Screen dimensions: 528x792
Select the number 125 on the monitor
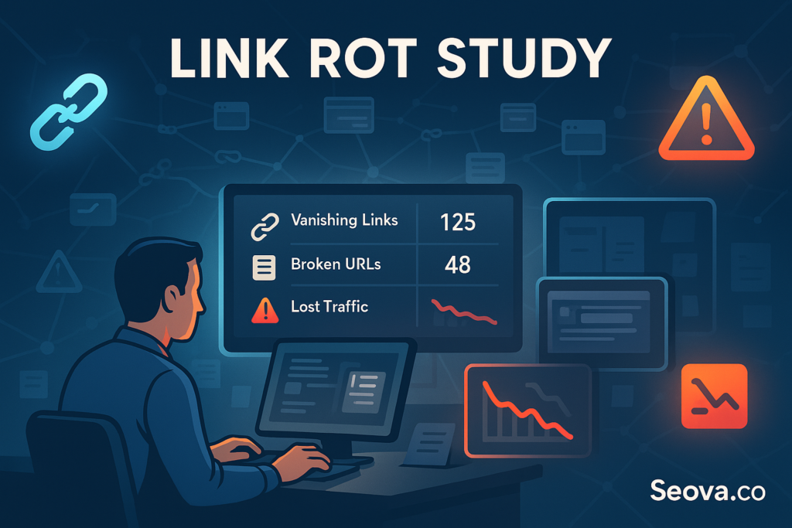point(457,223)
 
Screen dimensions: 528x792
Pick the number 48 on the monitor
point(458,265)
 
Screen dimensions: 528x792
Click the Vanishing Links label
point(344,220)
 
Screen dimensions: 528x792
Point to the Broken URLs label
point(336,264)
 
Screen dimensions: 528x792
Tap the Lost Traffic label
point(329,307)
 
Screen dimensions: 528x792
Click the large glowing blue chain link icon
point(67,111)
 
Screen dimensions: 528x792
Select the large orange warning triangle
point(705,121)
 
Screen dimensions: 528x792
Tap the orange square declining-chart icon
point(714,396)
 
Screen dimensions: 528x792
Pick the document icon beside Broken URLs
point(264,267)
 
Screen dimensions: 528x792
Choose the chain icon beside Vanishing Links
point(263,225)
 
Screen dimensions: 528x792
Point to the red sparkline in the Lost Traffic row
point(463,311)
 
